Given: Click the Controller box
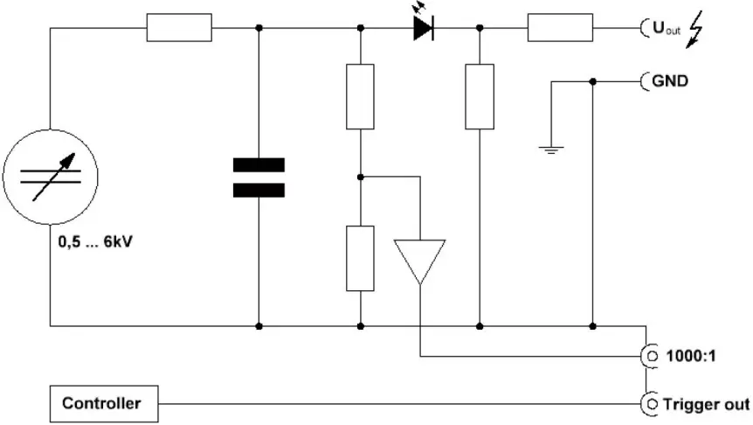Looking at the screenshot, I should (x=101, y=404).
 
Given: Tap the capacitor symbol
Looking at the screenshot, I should (x=259, y=177).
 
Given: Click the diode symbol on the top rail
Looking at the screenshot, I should (x=424, y=28).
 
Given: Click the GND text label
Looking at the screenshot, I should (x=670, y=81).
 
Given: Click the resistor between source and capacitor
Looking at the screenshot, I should (x=179, y=28).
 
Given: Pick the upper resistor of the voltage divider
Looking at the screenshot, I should (x=361, y=95).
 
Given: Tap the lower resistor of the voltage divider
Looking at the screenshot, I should (x=361, y=257).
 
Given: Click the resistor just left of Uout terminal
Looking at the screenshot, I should (x=559, y=28).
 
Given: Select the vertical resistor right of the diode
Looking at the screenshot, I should (x=479, y=95).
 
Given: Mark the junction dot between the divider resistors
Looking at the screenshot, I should (x=361, y=176).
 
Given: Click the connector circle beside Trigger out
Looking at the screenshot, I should (x=649, y=404).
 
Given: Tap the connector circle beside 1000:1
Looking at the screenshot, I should (x=649, y=357).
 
